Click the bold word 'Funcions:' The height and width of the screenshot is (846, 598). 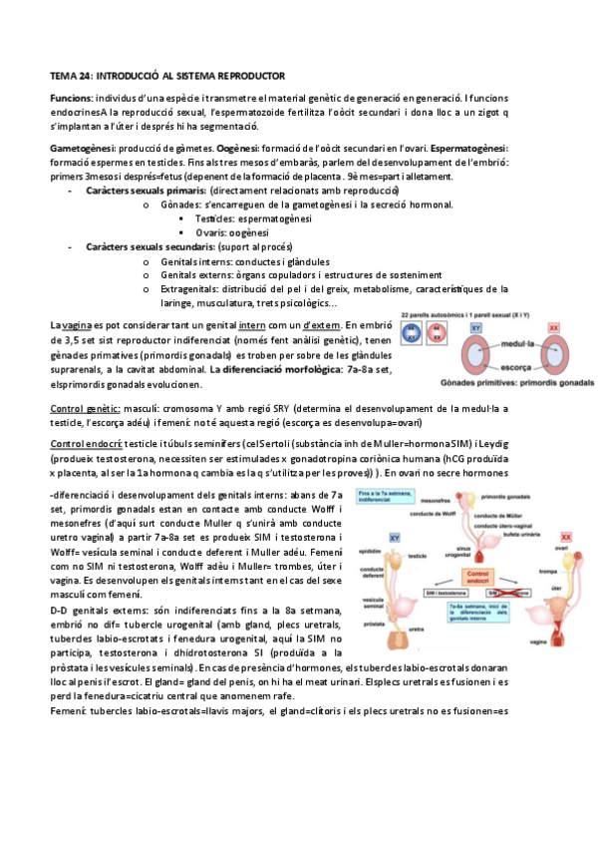pyautogui.click(x=71, y=98)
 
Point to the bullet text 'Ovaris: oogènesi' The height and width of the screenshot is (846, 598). pyautogui.click(x=230, y=232)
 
